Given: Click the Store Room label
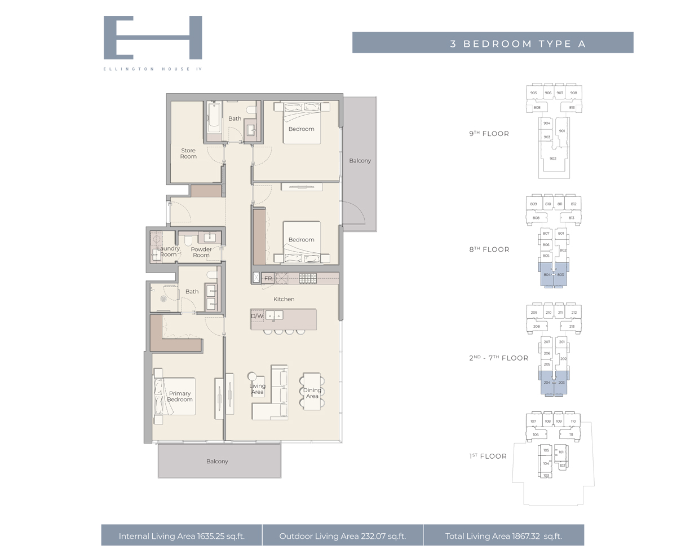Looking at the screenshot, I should pos(188,153).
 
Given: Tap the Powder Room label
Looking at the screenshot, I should pos(201,252).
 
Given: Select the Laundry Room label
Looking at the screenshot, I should pos(168,252).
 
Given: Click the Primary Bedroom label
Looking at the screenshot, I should pos(179,397).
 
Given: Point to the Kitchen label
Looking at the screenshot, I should pos(284,299).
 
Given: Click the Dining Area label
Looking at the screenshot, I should pos(312,393).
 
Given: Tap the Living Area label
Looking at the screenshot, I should pos(258,389).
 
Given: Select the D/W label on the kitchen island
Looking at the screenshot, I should pos(257,316).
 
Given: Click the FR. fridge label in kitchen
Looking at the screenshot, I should pos(268,278).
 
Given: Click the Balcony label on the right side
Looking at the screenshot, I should pos(360,161).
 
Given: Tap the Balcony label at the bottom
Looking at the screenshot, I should pos(217,462).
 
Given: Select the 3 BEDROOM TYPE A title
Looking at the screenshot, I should pos(517,43).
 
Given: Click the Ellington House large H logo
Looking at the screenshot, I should pos(153,37).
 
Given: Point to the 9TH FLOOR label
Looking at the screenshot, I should pos(489,134).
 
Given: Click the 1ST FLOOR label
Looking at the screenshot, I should pos(488,456).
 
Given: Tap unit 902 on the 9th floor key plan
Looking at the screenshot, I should pos(553,159).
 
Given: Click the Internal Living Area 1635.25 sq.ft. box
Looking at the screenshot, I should pos(182,536).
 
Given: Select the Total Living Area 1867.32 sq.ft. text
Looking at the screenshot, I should pos(503,536).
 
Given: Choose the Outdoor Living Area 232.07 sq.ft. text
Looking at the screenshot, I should pos(342,536).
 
